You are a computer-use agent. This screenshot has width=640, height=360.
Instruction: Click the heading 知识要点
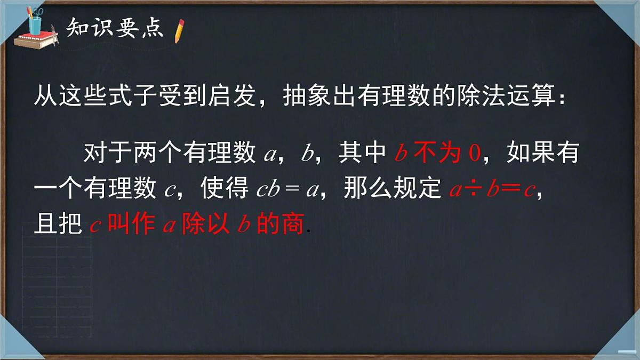click(x=115, y=28)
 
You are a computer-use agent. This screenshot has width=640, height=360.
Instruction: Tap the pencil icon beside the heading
click(x=179, y=30)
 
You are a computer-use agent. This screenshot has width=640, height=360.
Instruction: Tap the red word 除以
click(x=205, y=225)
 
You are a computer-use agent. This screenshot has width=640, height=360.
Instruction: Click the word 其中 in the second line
click(x=362, y=154)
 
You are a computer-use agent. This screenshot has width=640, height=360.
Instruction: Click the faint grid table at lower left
click(x=56, y=272)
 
